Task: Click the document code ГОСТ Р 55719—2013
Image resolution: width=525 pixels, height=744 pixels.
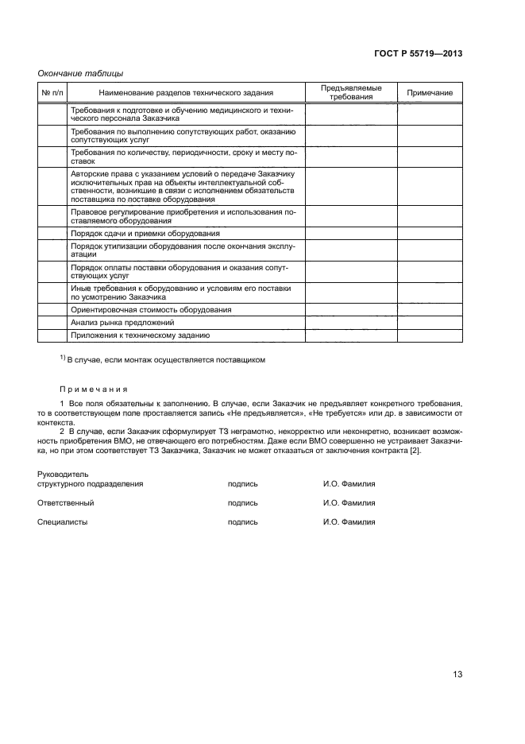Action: point(418,53)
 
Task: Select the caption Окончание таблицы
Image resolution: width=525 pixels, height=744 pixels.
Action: point(80,73)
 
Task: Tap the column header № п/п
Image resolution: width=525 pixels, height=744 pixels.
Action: point(52,93)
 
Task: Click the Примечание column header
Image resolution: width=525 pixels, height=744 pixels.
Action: point(430,93)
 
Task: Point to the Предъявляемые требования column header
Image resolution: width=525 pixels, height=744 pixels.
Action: point(351,92)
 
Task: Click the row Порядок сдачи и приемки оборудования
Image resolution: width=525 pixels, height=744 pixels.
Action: point(145,234)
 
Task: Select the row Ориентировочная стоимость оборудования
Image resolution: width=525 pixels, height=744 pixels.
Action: point(151,309)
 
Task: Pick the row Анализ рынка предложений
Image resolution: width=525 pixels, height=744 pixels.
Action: point(122,323)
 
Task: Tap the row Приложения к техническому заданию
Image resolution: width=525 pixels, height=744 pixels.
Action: point(140,335)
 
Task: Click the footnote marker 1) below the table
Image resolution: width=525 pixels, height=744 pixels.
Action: point(63,358)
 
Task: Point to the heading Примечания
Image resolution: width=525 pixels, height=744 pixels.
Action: point(93,389)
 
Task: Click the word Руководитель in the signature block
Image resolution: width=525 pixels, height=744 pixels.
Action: point(63,475)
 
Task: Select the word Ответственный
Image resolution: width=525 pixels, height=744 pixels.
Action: point(66,503)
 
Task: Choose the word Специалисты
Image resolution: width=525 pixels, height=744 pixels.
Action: point(63,522)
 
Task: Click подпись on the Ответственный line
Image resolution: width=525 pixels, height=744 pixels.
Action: point(242,503)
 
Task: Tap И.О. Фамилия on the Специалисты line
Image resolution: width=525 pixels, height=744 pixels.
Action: point(349,522)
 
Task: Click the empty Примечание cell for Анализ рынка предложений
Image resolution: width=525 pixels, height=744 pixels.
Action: point(430,323)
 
